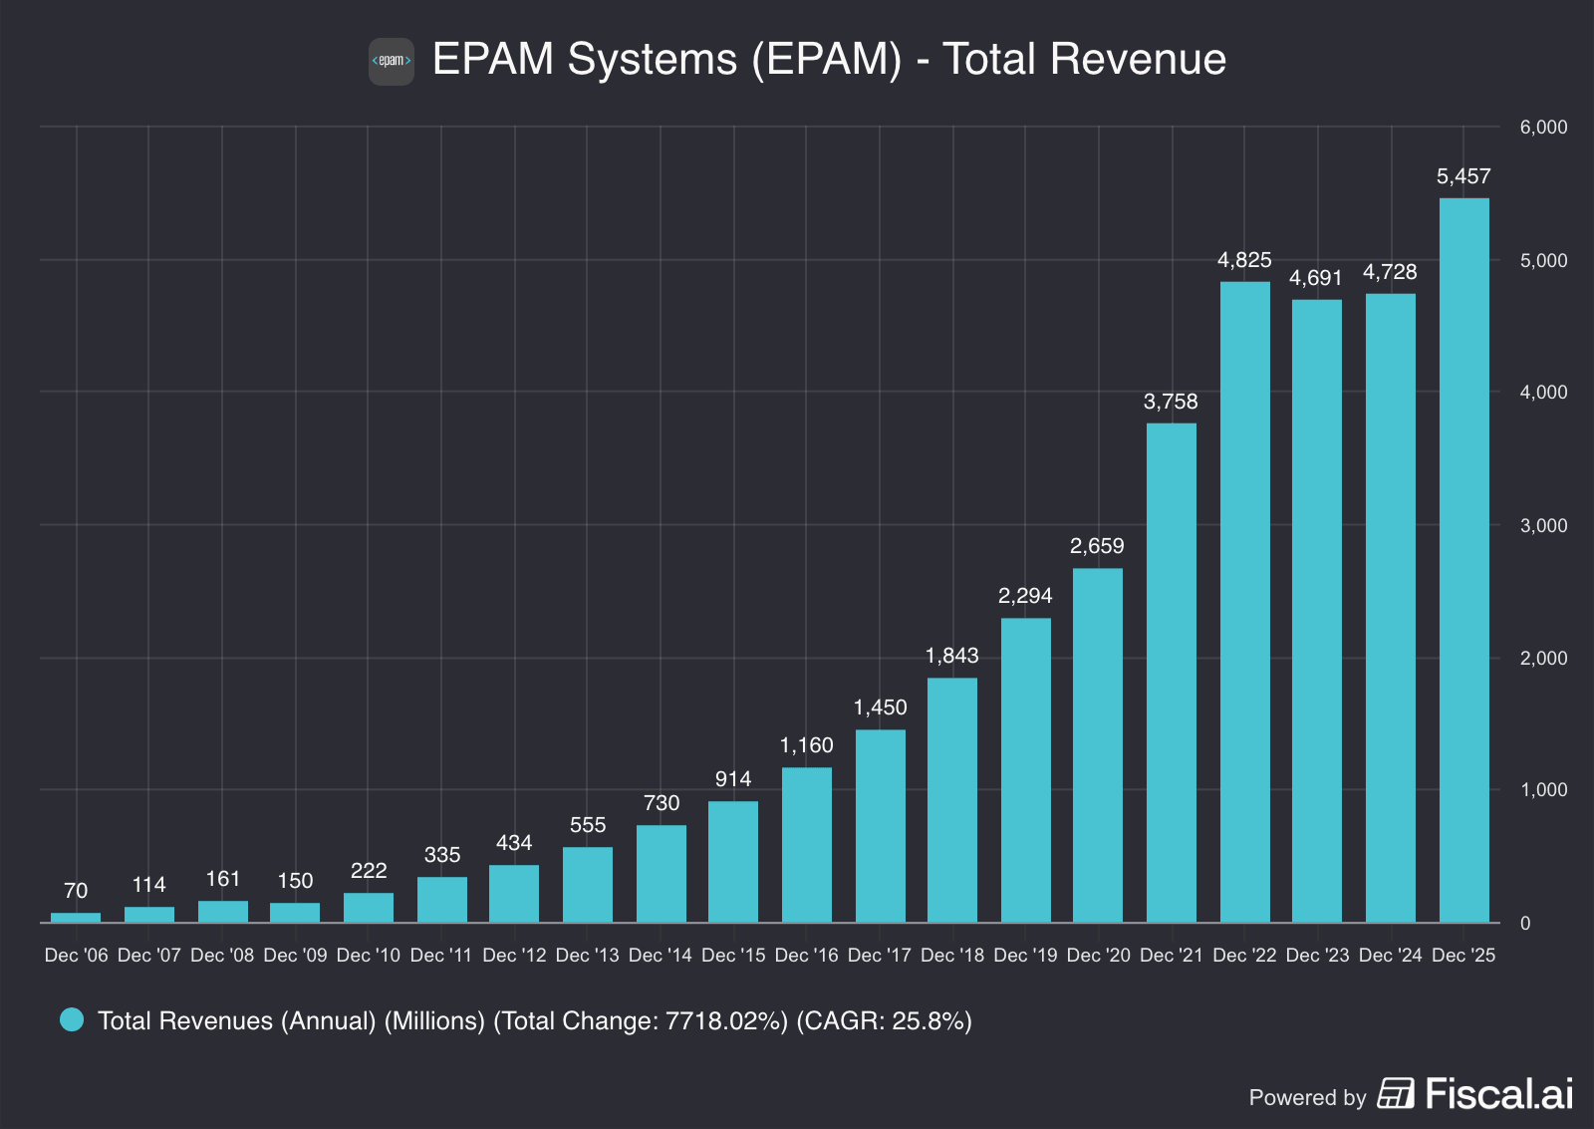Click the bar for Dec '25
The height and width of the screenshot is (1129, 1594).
point(1463,560)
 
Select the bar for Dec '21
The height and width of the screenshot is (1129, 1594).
point(1171,673)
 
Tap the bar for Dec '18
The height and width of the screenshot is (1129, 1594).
point(952,800)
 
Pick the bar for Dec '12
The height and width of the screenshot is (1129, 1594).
point(514,894)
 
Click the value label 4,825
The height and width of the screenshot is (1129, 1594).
point(1244,260)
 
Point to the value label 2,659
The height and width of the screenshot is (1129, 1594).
point(1097,546)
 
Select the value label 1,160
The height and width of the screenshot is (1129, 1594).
point(806,745)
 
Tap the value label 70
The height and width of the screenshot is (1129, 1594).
point(76,891)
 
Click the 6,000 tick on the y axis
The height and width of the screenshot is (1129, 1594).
point(1543,128)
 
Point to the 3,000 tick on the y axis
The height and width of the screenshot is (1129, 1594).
point(1543,526)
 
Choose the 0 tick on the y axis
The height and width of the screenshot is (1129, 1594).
point(1525,924)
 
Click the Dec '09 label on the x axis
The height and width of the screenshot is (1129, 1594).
point(295,956)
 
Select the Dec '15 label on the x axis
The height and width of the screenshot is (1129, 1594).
point(733,956)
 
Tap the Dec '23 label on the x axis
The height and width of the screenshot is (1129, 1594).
point(1317,956)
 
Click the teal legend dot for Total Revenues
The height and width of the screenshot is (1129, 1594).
point(72,1019)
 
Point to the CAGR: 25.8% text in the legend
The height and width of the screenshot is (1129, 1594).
point(884,1021)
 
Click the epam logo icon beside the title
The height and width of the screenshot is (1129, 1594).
point(392,62)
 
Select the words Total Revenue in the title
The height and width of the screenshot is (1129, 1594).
point(1084,60)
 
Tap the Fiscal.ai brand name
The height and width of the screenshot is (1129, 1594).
point(1498,1094)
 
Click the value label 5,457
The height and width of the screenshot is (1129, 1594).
point(1463,177)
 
